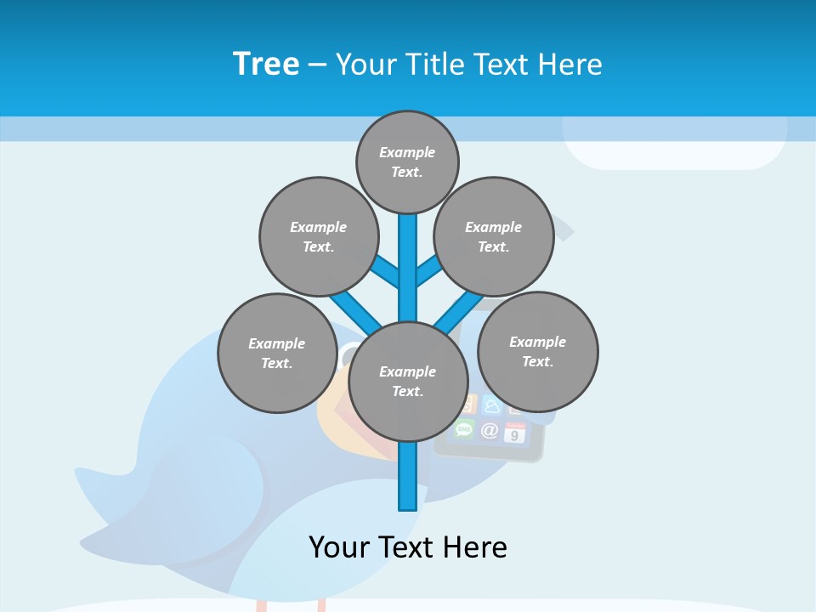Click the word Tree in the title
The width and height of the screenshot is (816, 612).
tap(266, 64)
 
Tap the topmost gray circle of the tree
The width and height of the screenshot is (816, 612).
tap(407, 161)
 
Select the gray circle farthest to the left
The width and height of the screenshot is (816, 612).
tap(277, 353)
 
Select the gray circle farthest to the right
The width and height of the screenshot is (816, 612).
tap(537, 351)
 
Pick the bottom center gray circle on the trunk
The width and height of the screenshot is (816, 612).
tap(408, 381)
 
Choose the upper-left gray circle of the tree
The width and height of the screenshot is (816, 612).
tap(319, 236)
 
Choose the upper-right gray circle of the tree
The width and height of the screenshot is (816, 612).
tap(494, 236)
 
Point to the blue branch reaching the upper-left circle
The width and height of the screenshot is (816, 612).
tap(387, 272)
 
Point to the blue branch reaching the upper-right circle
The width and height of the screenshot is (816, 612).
tap(428, 271)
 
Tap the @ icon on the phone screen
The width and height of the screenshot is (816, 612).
tap(490, 430)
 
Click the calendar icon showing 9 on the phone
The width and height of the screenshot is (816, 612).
tap(514, 433)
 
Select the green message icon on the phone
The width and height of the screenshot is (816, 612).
tap(464, 428)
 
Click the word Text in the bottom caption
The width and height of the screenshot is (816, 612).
tap(407, 547)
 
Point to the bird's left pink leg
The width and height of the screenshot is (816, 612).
tap(263, 605)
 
